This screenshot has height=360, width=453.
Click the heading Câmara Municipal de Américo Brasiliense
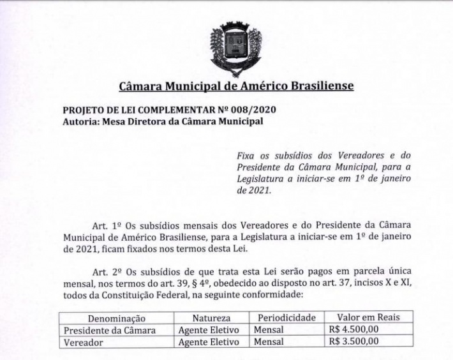point(236,86)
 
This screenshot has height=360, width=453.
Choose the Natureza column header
point(211,318)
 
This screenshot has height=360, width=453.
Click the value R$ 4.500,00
point(353,329)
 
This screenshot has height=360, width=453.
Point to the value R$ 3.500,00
point(353,341)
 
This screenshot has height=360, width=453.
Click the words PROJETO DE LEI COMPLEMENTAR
point(131,110)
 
